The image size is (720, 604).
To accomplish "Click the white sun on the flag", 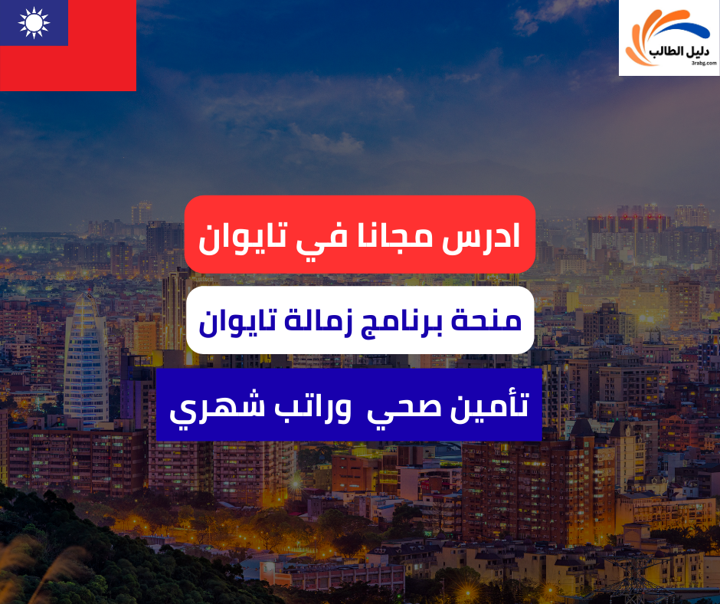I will tap(33, 22).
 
